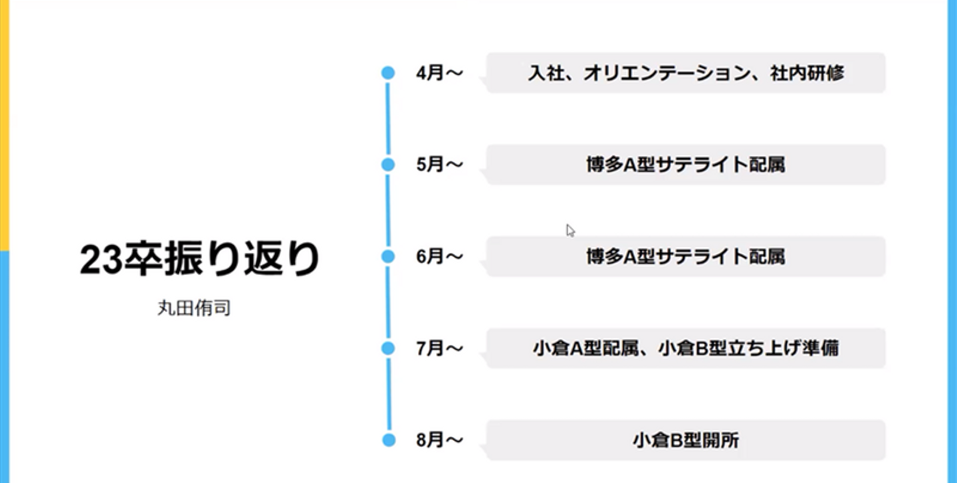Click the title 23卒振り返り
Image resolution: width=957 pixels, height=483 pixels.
pyautogui.click(x=199, y=260)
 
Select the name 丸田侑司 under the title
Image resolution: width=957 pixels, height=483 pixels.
pyautogui.click(x=194, y=309)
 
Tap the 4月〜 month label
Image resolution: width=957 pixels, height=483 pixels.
pyautogui.click(x=439, y=73)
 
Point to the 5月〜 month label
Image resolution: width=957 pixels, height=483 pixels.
pyautogui.click(x=439, y=165)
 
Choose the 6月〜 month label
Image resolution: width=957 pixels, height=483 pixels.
pyautogui.click(x=439, y=256)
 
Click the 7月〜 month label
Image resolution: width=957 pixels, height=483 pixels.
pyautogui.click(x=439, y=348)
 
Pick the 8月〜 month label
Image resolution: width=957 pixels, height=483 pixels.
pyautogui.click(x=439, y=440)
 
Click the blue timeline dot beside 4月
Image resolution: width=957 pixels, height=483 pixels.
pyautogui.click(x=388, y=73)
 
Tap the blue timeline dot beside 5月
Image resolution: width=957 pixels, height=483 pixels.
pyautogui.click(x=388, y=165)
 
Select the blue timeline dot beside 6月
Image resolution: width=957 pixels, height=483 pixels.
pyautogui.click(x=388, y=256)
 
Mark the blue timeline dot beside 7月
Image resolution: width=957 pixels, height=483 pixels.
pyautogui.click(x=388, y=348)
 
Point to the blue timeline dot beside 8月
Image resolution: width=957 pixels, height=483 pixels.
pyautogui.click(x=388, y=440)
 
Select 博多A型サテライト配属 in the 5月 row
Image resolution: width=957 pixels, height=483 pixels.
pyautogui.click(x=685, y=165)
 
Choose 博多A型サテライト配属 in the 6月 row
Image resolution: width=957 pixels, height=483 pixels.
pyautogui.click(x=685, y=256)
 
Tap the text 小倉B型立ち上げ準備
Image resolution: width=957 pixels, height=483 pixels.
pyautogui.click(x=748, y=348)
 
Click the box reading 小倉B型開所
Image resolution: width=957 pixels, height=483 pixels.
pyautogui.click(x=685, y=440)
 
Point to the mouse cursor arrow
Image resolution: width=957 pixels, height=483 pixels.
pyautogui.click(x=570, y=230)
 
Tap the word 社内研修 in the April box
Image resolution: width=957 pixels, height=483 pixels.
pyautogui.click(x=807, y=73)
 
